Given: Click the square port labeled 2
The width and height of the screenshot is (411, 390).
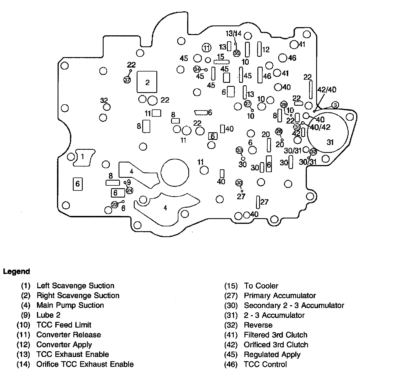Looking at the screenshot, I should (147, 82).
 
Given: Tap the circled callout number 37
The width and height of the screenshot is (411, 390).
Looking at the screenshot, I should (127, 80).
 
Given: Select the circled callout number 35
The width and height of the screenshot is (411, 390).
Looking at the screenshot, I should (237, 53).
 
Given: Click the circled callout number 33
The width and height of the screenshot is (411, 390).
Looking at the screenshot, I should (239, 150).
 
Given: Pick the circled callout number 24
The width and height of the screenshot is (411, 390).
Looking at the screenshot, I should (130, 190).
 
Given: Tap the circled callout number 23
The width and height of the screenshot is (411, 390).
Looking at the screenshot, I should (115, 204).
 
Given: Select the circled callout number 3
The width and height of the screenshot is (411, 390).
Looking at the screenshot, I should (335, 105).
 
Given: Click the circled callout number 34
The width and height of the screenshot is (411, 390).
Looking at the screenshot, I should (197, 69).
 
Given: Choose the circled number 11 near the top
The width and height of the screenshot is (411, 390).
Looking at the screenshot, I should (207, 48).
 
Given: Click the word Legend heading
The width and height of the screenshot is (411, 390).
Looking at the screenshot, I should (16, 272).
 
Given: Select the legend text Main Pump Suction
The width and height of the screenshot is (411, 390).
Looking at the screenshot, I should (70, 305).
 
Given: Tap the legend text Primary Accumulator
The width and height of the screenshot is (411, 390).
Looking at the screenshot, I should (279, 296).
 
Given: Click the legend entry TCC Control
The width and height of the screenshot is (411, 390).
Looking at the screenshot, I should (265, 364).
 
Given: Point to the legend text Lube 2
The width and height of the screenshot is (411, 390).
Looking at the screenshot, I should (48, 315).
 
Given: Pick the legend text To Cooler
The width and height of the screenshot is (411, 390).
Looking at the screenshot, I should (261, 286).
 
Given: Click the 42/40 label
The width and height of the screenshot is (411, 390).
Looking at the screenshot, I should (327, 90).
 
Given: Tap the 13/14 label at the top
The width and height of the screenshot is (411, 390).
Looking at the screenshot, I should (233, 33).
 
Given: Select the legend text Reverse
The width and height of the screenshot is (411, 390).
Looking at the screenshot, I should (258, 325).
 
